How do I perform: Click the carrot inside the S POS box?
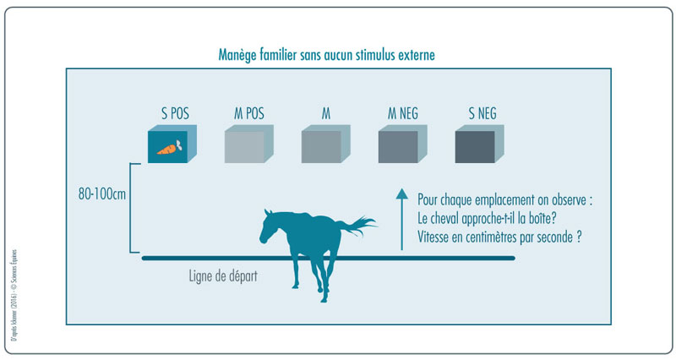(x=169, y=149)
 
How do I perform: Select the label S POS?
(x=175, y=112)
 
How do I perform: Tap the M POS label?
(x=250, y=112)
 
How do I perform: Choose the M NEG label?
(x=401, y=112)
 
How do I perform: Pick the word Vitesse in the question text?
(x=438, y=237)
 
